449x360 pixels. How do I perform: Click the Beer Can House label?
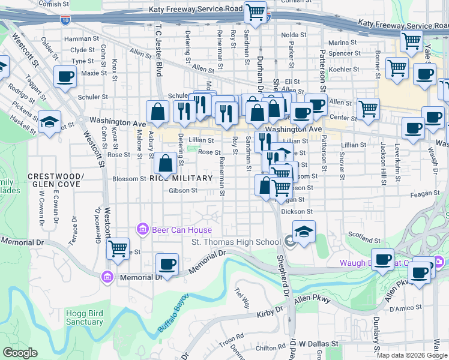click(x=181, y=230)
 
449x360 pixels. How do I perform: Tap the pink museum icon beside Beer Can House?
click(x=143, y=229)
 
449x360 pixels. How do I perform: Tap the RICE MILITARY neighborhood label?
click(x=181, y=178)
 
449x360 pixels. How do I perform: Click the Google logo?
click(x=20, y=353)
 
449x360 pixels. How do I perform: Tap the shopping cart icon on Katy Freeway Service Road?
click(x=256, y=11)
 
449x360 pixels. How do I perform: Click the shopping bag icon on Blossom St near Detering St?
click(x=165, y=163)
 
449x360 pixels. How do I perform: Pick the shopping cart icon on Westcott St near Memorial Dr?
click(x=118, y=247)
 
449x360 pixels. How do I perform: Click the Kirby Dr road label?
click(x=270, y=313)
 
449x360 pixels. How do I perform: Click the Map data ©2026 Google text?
click(x=412, y=355)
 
